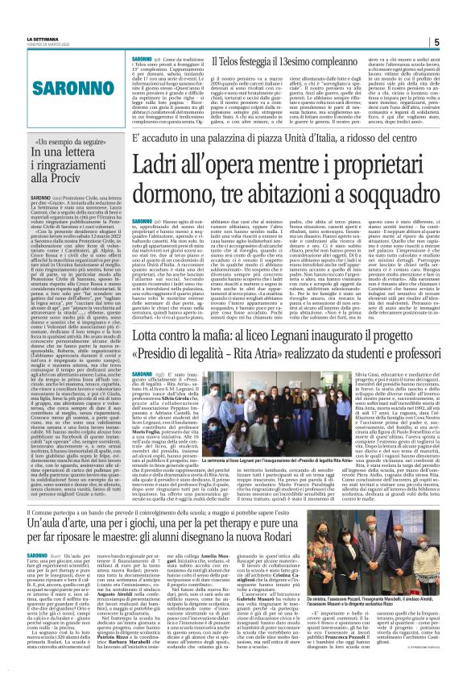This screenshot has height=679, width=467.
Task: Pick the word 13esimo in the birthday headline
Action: point(285,61)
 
